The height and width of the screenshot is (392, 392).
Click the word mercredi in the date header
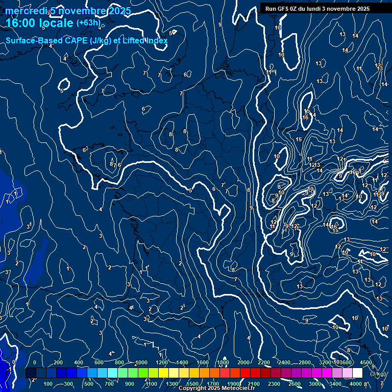[x=26, y=11]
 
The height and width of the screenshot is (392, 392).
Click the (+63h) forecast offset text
[x=88, y=22]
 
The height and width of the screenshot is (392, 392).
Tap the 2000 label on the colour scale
[x=243, y=362]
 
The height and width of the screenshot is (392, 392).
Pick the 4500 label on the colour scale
[x=365, y=362]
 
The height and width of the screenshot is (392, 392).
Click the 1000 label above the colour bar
[x=141, y=362]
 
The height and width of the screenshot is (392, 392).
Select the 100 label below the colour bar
[x=48, y=384]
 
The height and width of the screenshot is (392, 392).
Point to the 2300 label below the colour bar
[x=274, y=384]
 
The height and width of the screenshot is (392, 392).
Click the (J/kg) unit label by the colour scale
[x=378, y=374]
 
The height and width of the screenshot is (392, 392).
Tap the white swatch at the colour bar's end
[x=357, y=373]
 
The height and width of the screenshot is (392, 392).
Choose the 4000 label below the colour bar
[x=356, y=384]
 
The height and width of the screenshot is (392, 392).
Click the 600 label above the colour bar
[x=99, y=362]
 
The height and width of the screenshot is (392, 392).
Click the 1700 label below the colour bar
[x=213, y=384]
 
